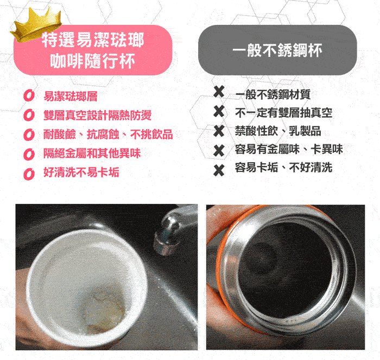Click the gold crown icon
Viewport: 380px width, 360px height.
(x=36, y=24)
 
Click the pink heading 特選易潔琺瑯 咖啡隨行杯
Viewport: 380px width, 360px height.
(x=93, y=50)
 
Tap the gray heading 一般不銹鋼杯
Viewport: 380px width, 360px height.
(x=277, y=50)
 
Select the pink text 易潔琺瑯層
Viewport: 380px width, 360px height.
(x=71, y=96)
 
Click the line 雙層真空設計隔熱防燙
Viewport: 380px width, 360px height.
(x=97, y=115)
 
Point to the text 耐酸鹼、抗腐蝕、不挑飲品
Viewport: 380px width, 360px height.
(x=108, y=134)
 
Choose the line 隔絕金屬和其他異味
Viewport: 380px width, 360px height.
(x=92, y=153)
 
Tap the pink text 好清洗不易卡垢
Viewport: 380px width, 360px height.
(x=81, y=172)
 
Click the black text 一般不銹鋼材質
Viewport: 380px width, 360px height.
(x=273, y=94)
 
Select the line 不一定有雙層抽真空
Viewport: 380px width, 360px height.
(x=283, y=113)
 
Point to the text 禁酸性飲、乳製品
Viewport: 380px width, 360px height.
(x=278, y=131)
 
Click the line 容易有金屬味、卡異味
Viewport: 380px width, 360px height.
(x=289, y=149)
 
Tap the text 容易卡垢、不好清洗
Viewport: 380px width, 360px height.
(x=283, y=168)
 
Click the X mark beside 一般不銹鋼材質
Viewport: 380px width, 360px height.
(x=219, y=92)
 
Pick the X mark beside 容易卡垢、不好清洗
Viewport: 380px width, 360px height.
(x=219, y=170)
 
